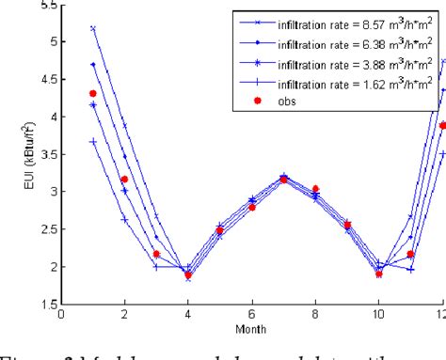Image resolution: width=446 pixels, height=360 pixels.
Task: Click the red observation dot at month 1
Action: click(x=92, y=93)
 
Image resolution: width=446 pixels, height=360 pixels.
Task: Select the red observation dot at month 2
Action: click(x=124, y=179)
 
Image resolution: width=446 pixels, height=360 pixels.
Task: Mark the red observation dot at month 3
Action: click(x=156, y=254)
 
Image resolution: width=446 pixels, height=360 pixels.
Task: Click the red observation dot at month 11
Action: click(x=410, y=254)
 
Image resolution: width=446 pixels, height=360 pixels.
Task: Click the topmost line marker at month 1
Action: click(x=92, y=28)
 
